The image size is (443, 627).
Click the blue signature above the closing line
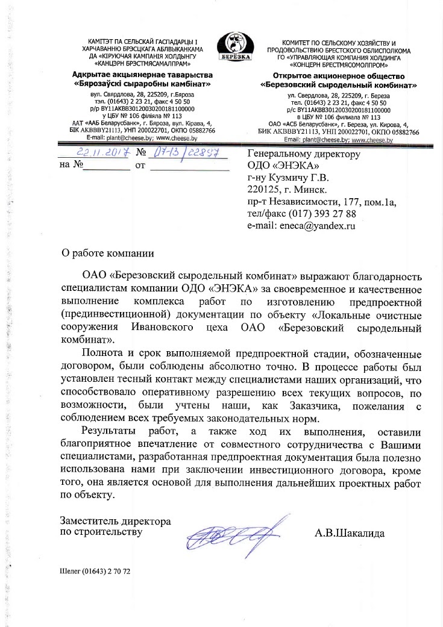[x=236, y=531]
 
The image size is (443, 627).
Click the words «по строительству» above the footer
[x=101, y=532]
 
